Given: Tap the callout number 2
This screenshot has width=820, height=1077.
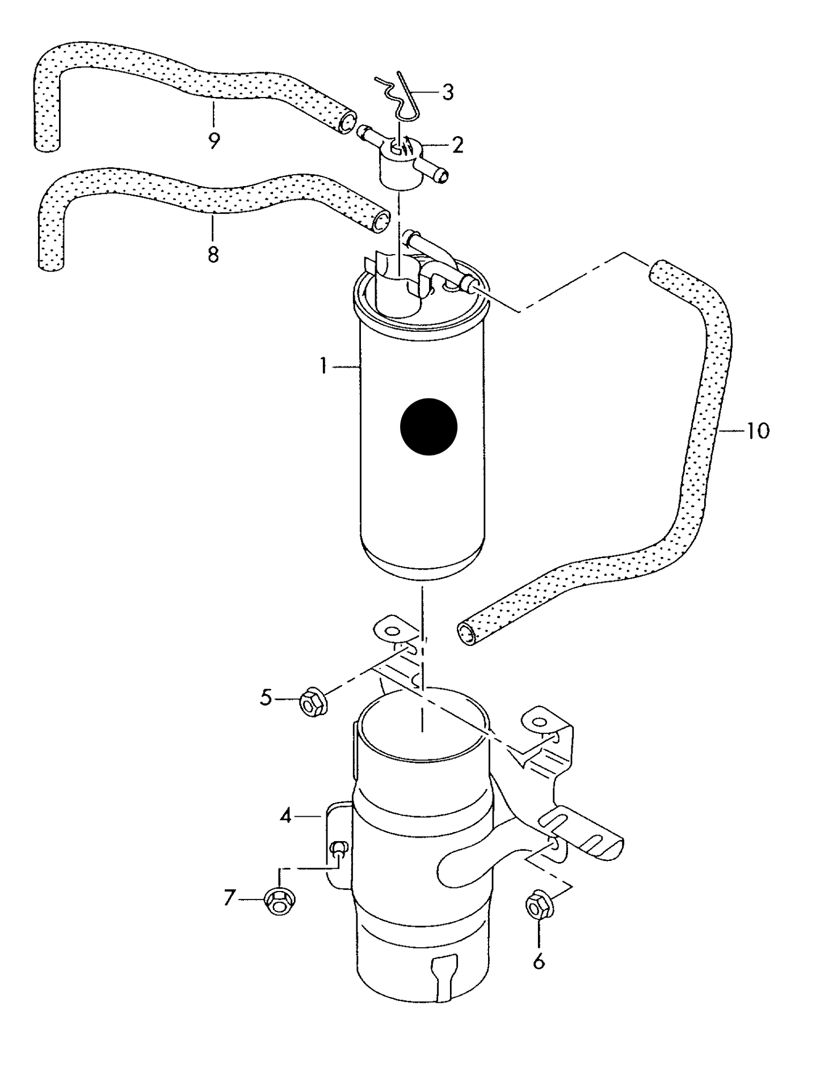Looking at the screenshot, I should (457, 145).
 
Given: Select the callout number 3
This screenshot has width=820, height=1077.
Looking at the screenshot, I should (448, 92).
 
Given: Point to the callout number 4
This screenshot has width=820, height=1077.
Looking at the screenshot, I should (285, 816).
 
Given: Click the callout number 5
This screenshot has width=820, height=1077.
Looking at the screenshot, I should (266, 698).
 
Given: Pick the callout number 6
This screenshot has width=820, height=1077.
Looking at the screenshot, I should (539, 961).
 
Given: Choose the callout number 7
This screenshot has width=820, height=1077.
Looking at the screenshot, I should (229, 898).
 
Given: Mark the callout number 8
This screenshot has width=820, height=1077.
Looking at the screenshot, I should (213, 255).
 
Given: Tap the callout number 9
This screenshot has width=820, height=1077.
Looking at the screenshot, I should (213, 140).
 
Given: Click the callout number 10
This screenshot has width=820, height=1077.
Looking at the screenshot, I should (758, 430).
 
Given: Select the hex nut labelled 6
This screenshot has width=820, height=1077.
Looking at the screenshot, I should (537, 907).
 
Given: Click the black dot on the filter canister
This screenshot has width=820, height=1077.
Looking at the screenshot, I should (428, 426).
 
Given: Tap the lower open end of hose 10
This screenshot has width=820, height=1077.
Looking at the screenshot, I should (466, 633).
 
